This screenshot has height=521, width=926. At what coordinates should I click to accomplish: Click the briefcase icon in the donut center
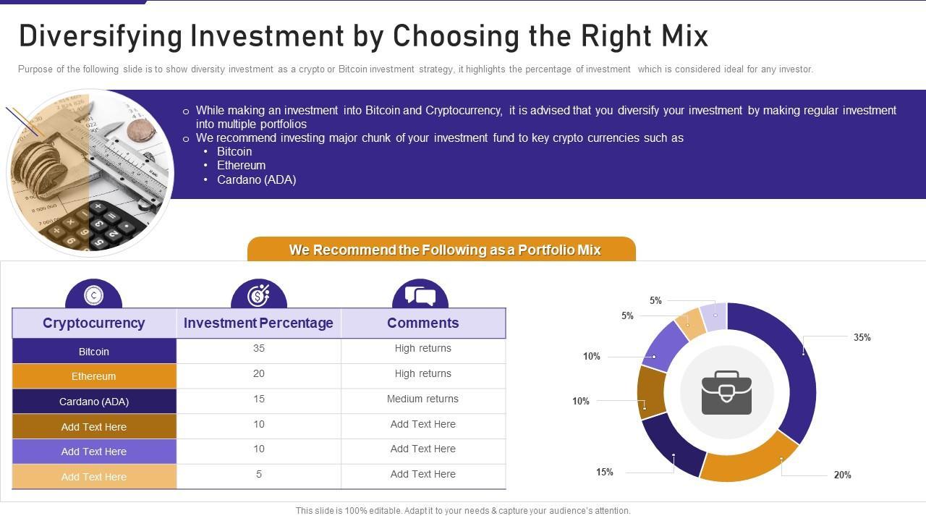pos(726,393)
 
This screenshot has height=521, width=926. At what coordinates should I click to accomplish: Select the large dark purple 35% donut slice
pos(796,369)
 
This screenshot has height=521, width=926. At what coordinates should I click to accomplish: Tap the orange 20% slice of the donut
pos(749,460)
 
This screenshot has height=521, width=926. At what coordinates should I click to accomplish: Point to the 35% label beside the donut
pos(862,337)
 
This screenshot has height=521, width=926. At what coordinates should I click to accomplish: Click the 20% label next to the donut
pos(842,475)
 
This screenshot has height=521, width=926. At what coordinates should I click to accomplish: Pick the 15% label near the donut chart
pos(604,472)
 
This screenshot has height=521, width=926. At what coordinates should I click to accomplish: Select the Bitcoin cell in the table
pos(94,352)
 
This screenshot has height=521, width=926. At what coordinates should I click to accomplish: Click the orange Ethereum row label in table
pos(94,376)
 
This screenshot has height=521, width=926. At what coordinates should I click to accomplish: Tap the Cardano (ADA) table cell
pos(94,402)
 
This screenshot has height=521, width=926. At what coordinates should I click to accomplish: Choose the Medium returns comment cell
pos(422,399)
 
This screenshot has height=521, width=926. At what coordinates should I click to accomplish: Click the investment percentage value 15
pos(259,399)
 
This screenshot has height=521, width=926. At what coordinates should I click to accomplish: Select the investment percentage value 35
pos(259,348)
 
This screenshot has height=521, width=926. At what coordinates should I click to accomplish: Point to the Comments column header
pos(422,323)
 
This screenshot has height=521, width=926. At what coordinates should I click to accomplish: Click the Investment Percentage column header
pos(258,323)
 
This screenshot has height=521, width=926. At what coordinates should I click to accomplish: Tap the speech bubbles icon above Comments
pos(420,295)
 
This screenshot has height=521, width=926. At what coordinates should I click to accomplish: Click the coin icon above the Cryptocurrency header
pos(93,295)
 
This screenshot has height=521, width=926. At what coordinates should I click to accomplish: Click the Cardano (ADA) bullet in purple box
pos(256,179)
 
